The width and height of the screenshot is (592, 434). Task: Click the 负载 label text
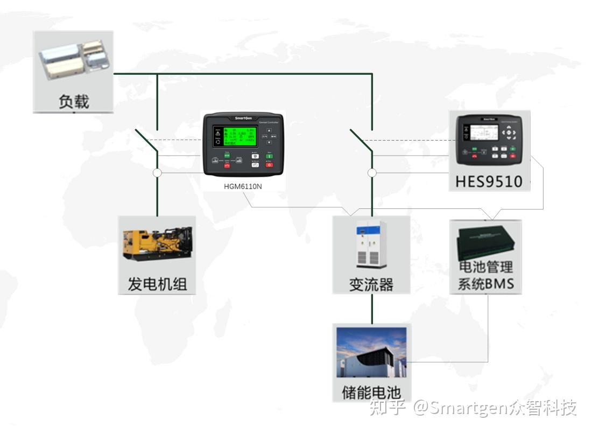pos(74,101)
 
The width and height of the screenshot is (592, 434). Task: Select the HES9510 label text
pos(489,181)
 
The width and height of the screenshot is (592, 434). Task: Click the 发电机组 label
pos(157,284)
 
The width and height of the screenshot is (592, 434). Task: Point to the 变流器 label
pos(371,284)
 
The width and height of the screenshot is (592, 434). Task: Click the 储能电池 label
pos(371,392)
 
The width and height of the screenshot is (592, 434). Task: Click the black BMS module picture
pos(485,241)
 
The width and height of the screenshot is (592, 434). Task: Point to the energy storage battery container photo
pos(371,353)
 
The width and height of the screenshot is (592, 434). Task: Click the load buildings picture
pos(74,59)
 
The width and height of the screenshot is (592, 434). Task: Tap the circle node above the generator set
pos(157,173)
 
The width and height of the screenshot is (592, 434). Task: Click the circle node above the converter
pos(372,173)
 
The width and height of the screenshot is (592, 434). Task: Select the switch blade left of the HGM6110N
pos(146,140)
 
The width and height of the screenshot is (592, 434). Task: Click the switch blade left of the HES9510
pos(361,139)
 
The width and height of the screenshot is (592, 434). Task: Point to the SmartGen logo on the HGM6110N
pos(246,118)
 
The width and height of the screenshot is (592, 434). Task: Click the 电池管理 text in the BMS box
pos(485,267)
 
